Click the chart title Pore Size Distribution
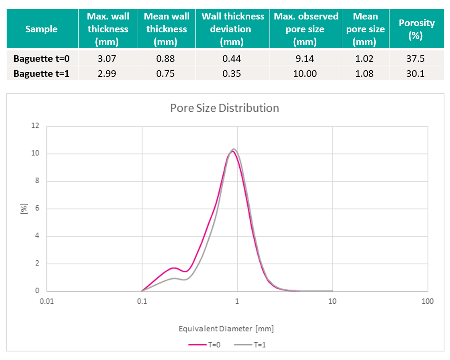[224, 108]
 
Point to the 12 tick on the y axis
[35, 126]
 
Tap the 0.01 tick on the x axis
[47, 301]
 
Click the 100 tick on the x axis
[427, 301]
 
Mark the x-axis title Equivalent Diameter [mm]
[226, 329]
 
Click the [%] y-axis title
[24, 209]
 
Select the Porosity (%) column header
[416, 29]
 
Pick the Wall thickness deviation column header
[232, 29]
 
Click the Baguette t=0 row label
[41, 58]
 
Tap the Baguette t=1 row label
[41, 74]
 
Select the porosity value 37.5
[415, 58]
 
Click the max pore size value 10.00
[305, 74]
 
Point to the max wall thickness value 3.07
[107, 58]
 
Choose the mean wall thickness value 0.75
[165, 74]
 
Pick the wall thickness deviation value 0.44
[231, 58]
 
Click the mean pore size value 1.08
[364, 74]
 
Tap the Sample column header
[41, 29]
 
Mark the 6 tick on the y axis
[37, 208]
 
